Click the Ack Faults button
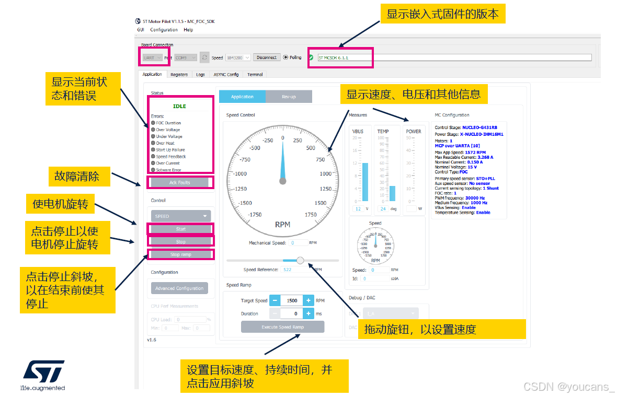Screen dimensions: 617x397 180,182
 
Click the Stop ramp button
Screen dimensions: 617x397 180,254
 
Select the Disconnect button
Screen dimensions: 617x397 267,57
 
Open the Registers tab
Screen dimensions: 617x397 179,75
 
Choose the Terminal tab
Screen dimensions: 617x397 255,75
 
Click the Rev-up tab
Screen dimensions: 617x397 289,97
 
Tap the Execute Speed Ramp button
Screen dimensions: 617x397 282,327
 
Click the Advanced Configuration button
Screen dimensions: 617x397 179,288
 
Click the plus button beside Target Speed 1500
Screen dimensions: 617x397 308,300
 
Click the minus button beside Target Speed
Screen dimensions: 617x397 275,300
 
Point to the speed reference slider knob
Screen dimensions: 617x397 300,260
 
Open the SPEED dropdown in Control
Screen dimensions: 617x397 180,216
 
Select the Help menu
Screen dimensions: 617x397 188,30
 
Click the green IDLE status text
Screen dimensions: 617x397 179,106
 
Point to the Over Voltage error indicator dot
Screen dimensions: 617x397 153,130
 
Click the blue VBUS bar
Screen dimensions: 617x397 365,182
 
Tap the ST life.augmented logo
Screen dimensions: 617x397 43,374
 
